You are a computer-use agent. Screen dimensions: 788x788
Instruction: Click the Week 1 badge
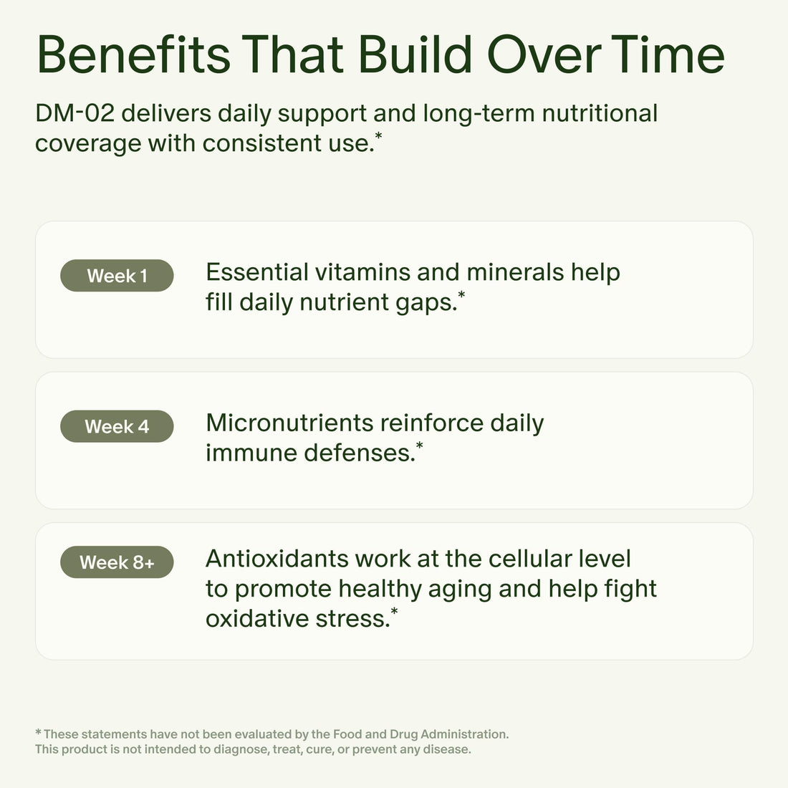point(117,276)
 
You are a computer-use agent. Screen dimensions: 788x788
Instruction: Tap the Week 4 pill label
point(117,426)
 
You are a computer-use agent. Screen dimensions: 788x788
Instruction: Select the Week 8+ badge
point(117,562)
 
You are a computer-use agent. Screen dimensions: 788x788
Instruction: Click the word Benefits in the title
point(133,55)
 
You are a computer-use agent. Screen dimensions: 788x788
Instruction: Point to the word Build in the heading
point(415,55)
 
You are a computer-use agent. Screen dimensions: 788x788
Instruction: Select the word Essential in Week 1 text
point(257,272)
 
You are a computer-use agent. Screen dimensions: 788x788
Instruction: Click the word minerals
point(515,272)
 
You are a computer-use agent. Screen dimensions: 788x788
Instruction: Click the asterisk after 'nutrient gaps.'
point(461,294)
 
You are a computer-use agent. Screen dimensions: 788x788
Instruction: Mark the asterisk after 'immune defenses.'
point(419,445)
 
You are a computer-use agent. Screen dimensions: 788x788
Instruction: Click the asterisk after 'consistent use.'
point(378,135)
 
